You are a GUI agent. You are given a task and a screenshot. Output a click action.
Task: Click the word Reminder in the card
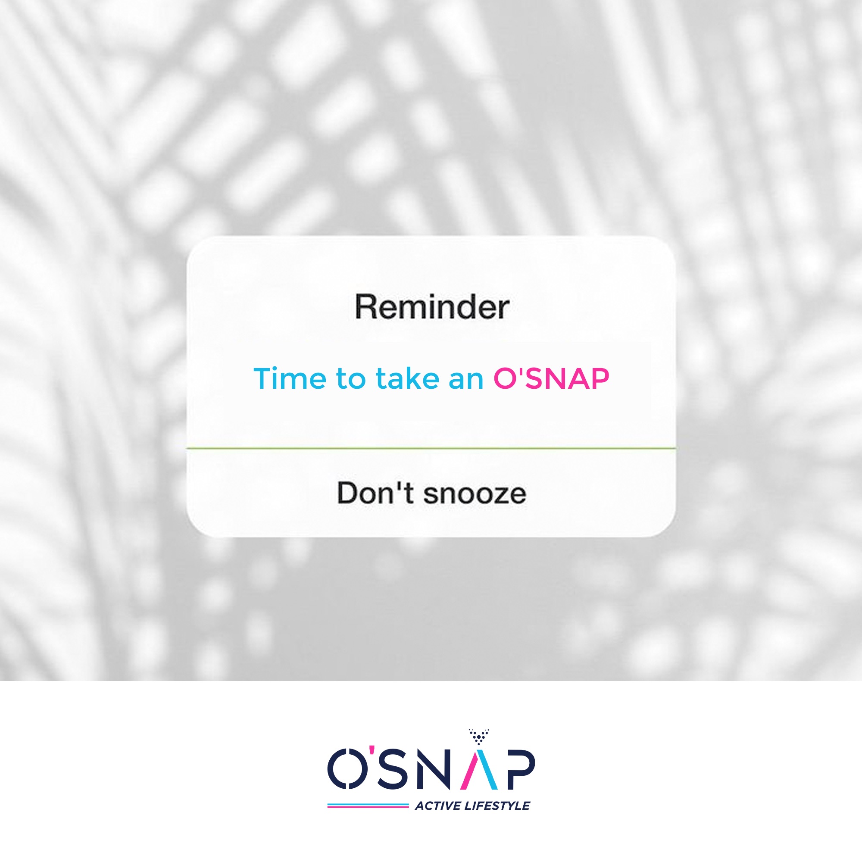(432, 307)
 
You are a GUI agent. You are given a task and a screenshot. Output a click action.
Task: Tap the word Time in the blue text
(290, 378)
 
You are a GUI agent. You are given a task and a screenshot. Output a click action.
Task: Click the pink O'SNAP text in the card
(551, 378)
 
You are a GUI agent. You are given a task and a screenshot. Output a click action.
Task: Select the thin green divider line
(431, 447)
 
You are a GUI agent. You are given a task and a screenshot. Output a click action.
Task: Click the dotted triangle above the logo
(479, 737)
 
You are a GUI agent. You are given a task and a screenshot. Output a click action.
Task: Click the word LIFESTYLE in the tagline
(497, 806)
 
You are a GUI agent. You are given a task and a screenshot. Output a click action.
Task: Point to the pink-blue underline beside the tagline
(368, 806)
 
